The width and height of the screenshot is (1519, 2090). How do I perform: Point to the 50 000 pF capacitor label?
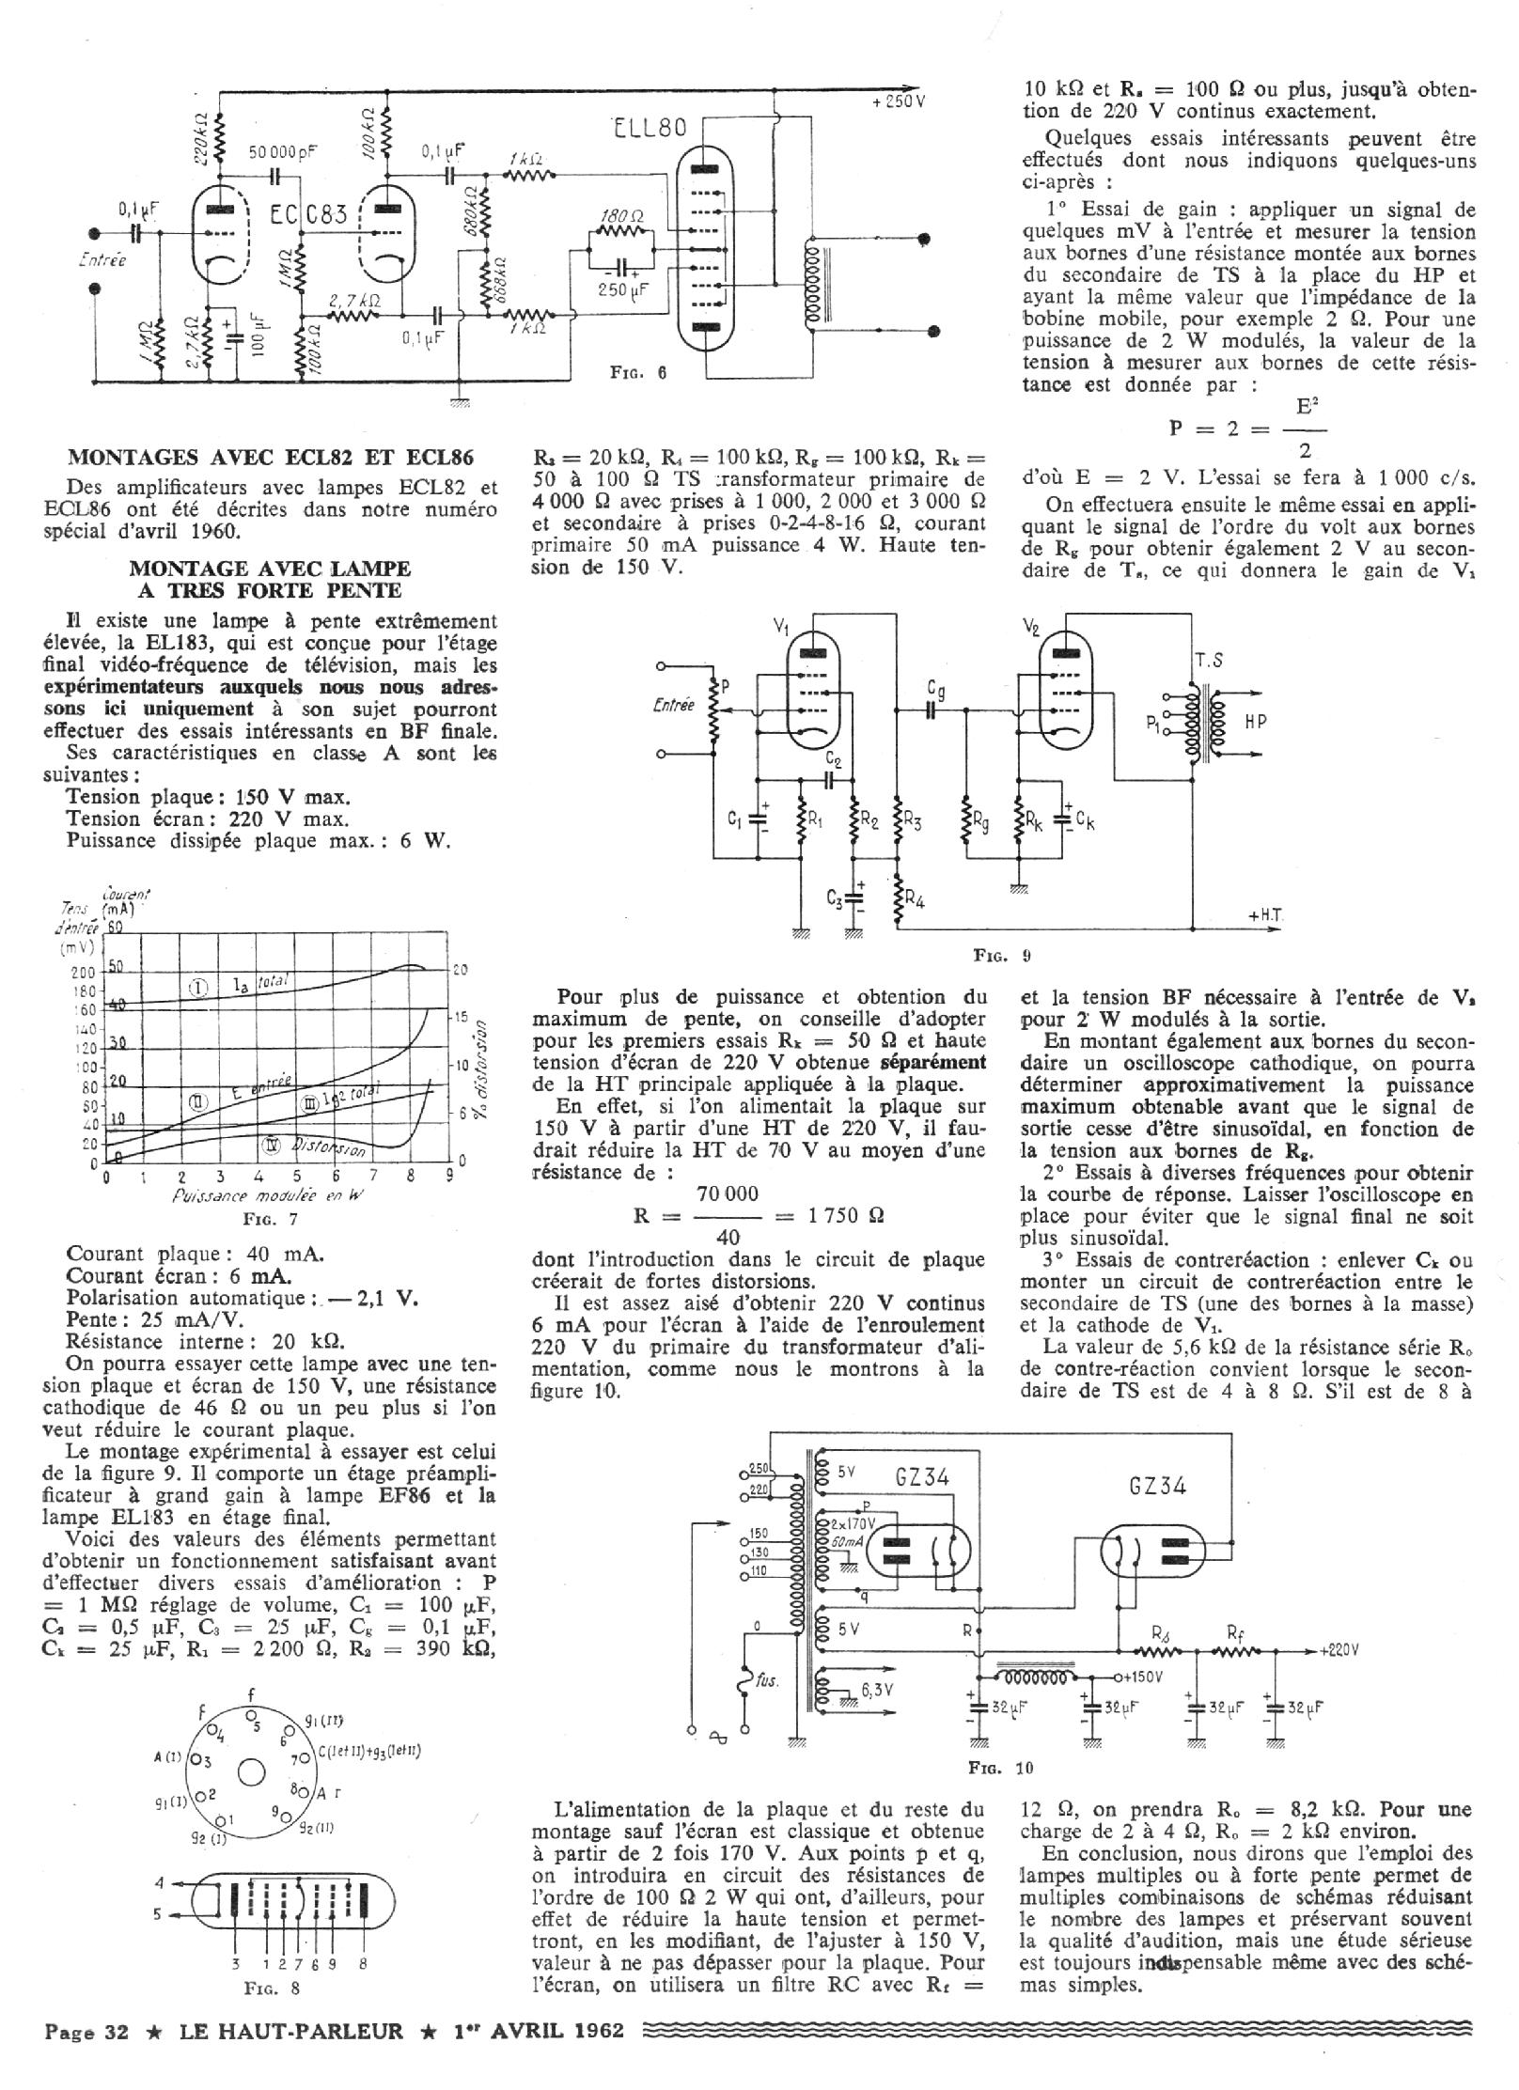[283, 151]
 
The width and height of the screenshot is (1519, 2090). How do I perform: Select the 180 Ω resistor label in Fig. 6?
[620, 216]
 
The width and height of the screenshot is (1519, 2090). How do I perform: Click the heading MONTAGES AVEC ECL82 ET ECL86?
[271, 458]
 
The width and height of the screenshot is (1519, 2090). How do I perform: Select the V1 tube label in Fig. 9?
[781, 628]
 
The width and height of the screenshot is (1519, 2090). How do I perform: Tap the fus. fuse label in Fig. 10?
[767, 1680]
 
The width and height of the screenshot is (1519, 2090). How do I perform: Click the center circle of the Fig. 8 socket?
[251, 1772]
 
